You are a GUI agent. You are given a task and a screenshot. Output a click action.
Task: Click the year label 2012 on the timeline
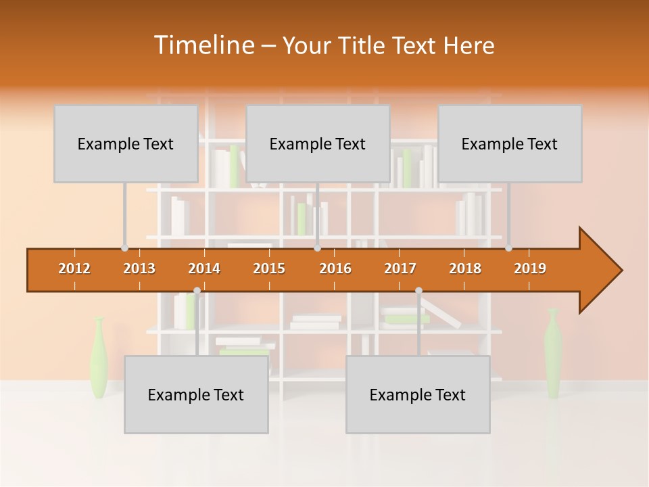[x=74, y=269]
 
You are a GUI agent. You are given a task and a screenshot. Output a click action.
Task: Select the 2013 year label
[x=139, y=269]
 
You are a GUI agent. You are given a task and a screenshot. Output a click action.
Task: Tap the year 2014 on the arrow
[x=204, y=269]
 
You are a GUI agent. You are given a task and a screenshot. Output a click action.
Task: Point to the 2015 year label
[x=269, y=269]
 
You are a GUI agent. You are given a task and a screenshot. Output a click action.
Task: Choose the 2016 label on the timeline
[x=335, y=269]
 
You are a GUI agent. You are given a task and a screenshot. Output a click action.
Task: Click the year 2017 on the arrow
[x=400, y=269]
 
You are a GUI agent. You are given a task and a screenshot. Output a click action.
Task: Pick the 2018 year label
[x=465, y=269]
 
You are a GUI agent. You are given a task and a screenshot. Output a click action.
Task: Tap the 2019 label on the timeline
[x=530, y=269]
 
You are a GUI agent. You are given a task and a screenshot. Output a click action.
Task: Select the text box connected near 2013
[x=126, y=143]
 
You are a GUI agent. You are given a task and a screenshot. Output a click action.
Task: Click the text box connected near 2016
[x=318, y=143]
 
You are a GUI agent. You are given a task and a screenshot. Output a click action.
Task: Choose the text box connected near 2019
[x=510, y=143]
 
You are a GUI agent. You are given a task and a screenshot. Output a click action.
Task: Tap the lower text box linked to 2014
[x=196, y=394]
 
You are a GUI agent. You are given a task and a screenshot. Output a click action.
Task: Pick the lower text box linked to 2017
[x=418, y=394]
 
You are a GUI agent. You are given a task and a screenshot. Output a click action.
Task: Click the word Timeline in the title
[x=203, y=45]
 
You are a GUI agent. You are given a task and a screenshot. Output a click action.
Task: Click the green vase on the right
[x=553, y=352]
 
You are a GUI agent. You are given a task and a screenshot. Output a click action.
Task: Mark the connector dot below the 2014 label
[x=197, y=291]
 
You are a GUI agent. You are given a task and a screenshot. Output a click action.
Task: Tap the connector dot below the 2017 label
[x=418, y=291]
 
